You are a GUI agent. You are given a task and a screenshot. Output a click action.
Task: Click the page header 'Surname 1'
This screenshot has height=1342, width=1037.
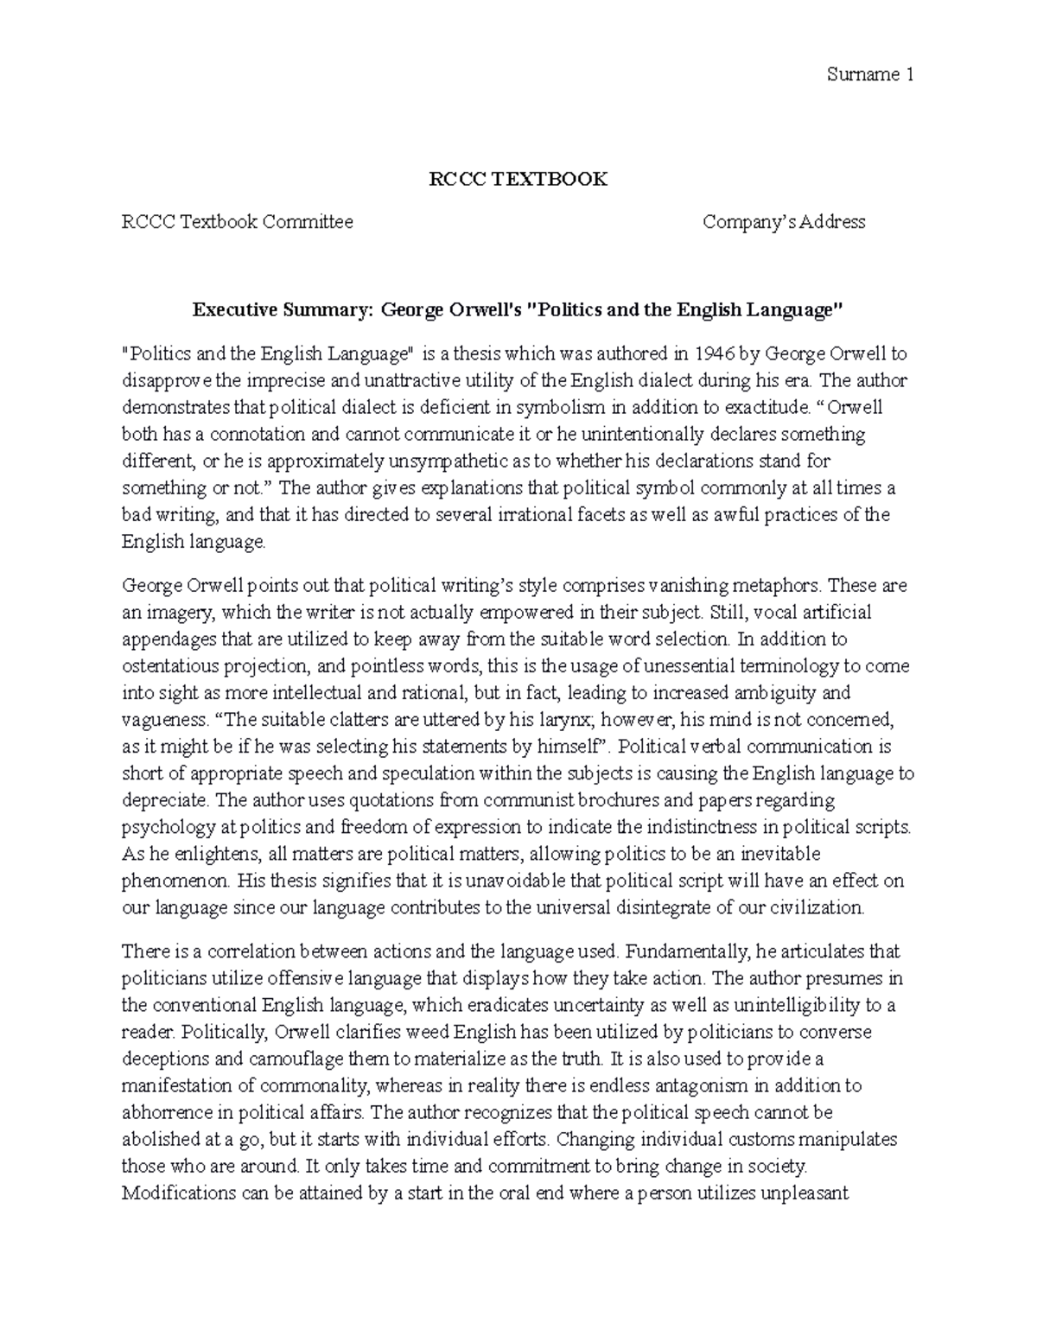point(870,74)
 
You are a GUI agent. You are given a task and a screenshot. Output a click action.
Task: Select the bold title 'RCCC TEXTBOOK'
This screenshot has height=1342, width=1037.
point(518,179)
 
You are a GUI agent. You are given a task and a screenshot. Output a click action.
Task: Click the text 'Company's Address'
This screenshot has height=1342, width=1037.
point(784,222)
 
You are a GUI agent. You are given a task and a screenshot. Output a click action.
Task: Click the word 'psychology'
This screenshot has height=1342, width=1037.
point(169,827)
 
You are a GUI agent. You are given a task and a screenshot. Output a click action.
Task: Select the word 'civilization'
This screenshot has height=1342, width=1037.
point(814,907)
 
